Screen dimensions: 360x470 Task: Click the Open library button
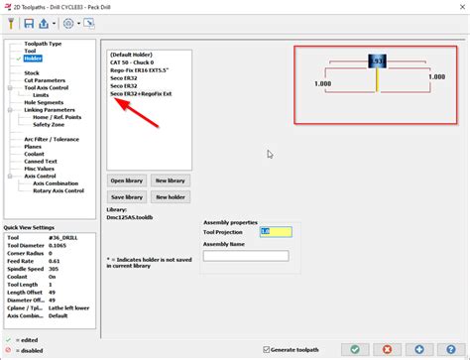click(129, 180)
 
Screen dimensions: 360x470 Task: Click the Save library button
click(129, 197)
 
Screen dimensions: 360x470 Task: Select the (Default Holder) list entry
click(136, 54)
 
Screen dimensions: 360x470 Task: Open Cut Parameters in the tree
click(44, 79)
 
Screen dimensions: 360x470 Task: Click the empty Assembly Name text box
click(245, 255)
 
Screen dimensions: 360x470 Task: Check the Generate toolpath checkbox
click(267, 349)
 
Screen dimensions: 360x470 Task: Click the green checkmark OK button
click(356, 348)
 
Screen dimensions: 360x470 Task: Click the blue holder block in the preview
click(377, 61)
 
